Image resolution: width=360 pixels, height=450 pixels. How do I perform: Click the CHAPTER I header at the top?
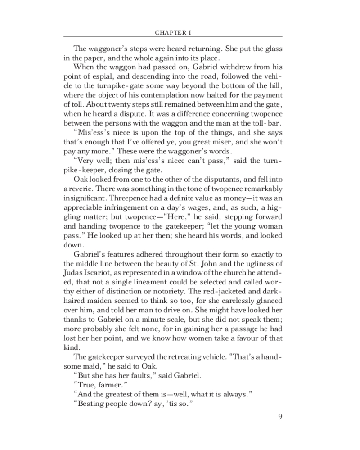click(173, 32)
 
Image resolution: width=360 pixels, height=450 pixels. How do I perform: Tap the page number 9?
click(280, 415)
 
